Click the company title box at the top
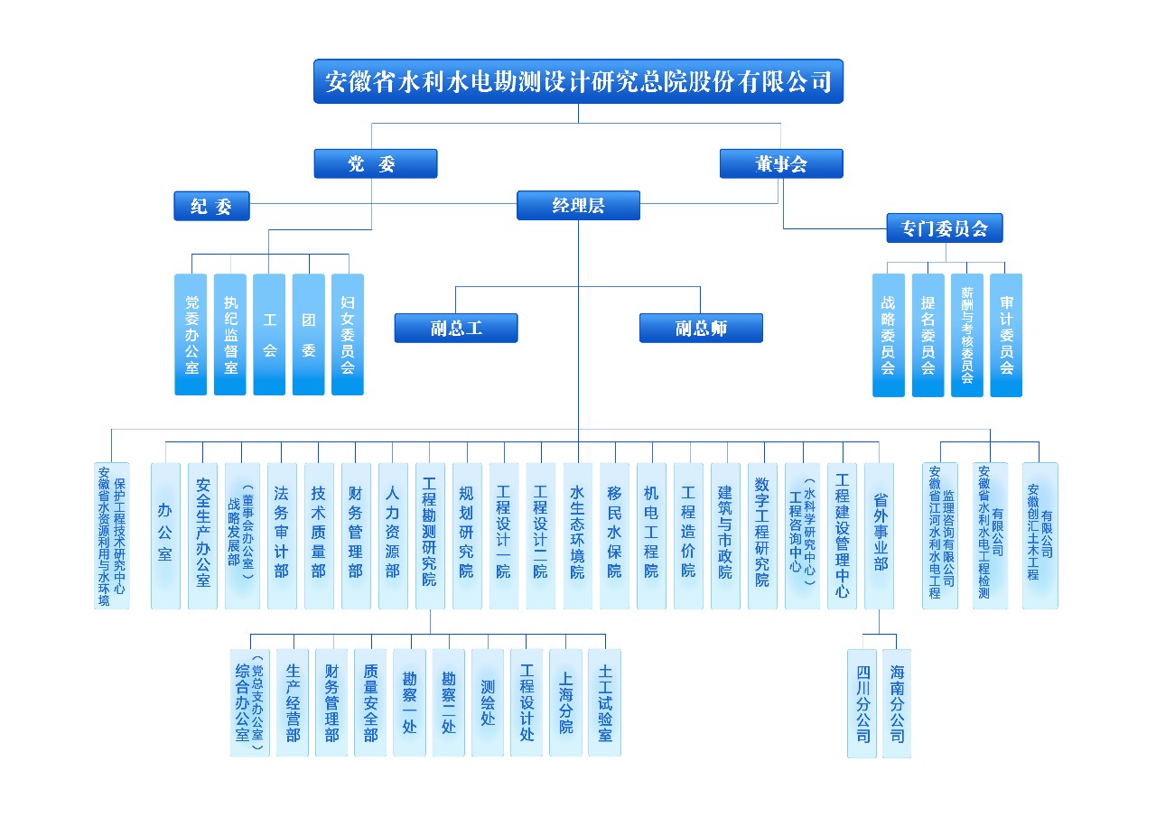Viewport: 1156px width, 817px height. (578, 82)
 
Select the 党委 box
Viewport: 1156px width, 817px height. (375, 163)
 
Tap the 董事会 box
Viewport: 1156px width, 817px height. (781, 163)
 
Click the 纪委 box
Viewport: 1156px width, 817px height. (211, 206)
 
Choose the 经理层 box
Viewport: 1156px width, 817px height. (578, 206)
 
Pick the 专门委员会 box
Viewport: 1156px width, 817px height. (945, 227)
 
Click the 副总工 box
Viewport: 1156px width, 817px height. (456, 328)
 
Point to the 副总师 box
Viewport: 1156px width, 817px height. (701, 328)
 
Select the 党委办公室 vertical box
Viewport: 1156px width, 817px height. (191, 334)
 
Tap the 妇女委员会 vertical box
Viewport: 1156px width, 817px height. (348, 334)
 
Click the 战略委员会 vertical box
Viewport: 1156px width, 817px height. (888, 334)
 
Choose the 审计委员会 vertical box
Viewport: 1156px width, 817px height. (1006, 334)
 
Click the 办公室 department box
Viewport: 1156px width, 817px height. (165, 535)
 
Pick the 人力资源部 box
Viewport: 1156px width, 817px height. (393, 535)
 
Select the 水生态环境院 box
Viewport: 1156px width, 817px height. (577, 535)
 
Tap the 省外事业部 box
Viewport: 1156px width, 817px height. (879, 535)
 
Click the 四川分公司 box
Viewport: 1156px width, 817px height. (862, 702)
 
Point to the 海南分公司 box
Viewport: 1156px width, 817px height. (897, 702)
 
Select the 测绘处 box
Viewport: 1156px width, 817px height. (488, 702)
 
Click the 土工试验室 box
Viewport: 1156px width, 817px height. (604, 702)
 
